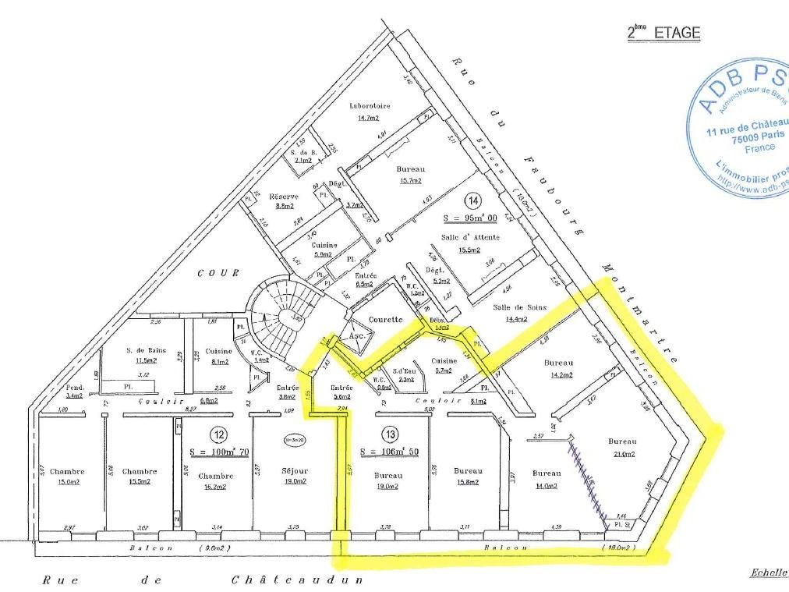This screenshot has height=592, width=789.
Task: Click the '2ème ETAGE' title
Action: tap(664, 33)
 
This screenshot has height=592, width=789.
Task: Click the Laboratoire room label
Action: tap(370, 105)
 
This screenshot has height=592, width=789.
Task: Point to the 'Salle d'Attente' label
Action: tap(470, 236)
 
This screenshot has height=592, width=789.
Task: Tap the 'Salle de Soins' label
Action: tap(515, 307)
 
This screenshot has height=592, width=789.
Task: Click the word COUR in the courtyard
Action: tap(212, 273)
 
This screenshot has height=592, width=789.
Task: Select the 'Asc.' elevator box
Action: tap(356, 335)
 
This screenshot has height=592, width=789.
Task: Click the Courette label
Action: tap(386, 319)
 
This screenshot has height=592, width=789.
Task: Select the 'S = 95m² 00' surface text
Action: tap(470, 218)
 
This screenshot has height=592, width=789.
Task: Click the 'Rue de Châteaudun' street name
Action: tap(203, 580)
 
